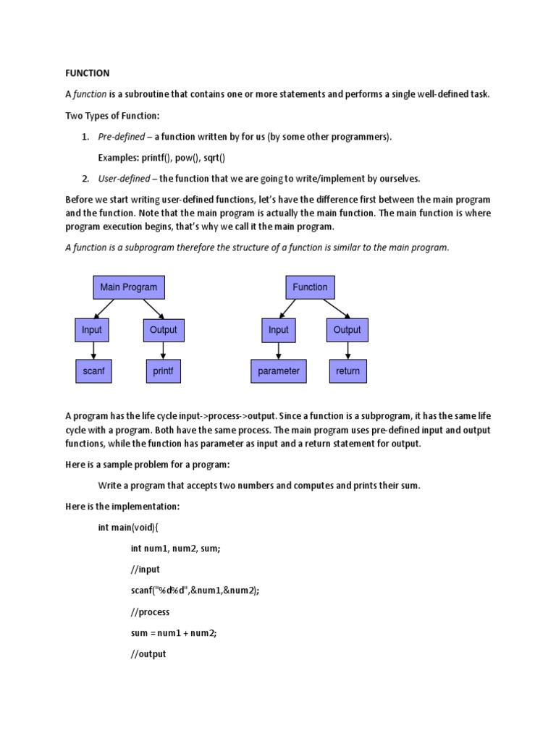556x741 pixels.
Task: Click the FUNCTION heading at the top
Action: click(x=88, y=73)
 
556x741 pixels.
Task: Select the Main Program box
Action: click(x=128, y=287)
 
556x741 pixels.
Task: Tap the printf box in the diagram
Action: click(x=163, y=371)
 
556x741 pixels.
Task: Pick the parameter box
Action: click(x=278, y=371)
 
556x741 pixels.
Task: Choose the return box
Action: click(x=347, y=371)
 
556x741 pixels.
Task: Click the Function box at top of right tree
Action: click(x=310, y=287)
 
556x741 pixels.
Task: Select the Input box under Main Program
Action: click(x=92, y=330)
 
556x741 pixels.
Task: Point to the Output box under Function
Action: click(x=347, y=330)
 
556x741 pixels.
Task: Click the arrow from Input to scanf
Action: click(x=93, y=350)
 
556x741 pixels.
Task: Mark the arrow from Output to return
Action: click(x=347, y=350)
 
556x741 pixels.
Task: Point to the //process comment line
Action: click(x=150, y=611)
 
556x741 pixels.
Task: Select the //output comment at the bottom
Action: click(x=148, y=653)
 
